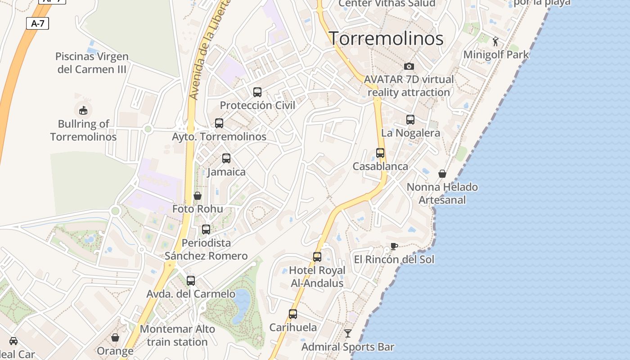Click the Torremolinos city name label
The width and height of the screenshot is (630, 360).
[386, 39]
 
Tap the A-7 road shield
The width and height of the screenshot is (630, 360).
[37, 23]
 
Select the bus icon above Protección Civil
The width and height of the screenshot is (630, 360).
[257, 92]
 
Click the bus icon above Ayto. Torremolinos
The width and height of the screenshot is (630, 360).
[219, 123]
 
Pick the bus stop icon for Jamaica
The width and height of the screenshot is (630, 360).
[226, 158]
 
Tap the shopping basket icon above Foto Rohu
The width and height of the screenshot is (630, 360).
[197, 196]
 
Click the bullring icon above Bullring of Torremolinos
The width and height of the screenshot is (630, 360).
[83, 110]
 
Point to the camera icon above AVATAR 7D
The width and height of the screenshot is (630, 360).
[409, 67]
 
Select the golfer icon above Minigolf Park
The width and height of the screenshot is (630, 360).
[495, 41]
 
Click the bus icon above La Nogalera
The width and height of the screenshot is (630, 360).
[410, 120]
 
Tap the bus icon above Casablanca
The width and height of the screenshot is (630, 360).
[380, 153]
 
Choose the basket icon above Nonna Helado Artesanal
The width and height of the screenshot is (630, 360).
[442, 174]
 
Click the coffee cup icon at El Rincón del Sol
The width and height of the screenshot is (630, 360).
[394, 246]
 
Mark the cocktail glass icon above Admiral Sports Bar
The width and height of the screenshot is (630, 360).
[348, 333]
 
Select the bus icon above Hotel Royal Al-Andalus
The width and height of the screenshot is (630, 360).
[317, 257]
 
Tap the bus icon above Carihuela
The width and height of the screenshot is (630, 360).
[293, 314]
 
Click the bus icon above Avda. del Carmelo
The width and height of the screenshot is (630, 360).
[191, 281]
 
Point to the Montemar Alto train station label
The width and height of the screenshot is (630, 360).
[177, 336]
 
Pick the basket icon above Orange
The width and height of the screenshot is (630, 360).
[115, 337]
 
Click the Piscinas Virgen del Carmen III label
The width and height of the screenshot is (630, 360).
[92, 63]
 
